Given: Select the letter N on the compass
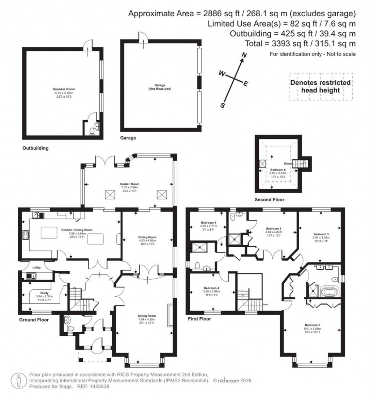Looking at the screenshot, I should point(244,55).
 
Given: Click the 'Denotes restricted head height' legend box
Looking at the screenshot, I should point(320,86).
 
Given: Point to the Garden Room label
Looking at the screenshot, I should point(129,184).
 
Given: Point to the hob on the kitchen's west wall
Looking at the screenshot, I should point(26,235).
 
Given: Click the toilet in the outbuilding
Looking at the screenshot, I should point(92,132).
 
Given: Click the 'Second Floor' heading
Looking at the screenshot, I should point(269,199).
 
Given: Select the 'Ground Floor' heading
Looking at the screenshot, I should point(34,320).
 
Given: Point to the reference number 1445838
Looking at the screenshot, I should point(99,386).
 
